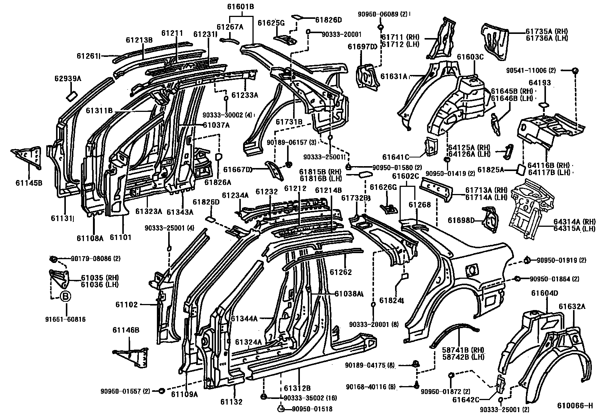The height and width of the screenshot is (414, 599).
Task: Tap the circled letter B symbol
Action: pos(65,297)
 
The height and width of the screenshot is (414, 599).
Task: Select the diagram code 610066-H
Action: pos(575,406)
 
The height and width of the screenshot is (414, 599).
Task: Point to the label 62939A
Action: pos(67,79)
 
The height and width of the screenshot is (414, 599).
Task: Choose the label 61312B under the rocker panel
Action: pos(297,388)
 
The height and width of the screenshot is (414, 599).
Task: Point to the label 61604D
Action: pos(544,293)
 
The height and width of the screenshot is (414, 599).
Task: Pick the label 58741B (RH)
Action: pos(463,350)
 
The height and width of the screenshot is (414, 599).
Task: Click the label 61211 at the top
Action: pos(172,33)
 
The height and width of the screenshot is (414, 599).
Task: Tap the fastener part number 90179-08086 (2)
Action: pos(90,259)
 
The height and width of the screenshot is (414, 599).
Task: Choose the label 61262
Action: pos(341,272)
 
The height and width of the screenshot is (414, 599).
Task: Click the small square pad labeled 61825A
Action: pos(521,169)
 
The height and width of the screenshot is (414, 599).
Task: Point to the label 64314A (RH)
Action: pos(574,222)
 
